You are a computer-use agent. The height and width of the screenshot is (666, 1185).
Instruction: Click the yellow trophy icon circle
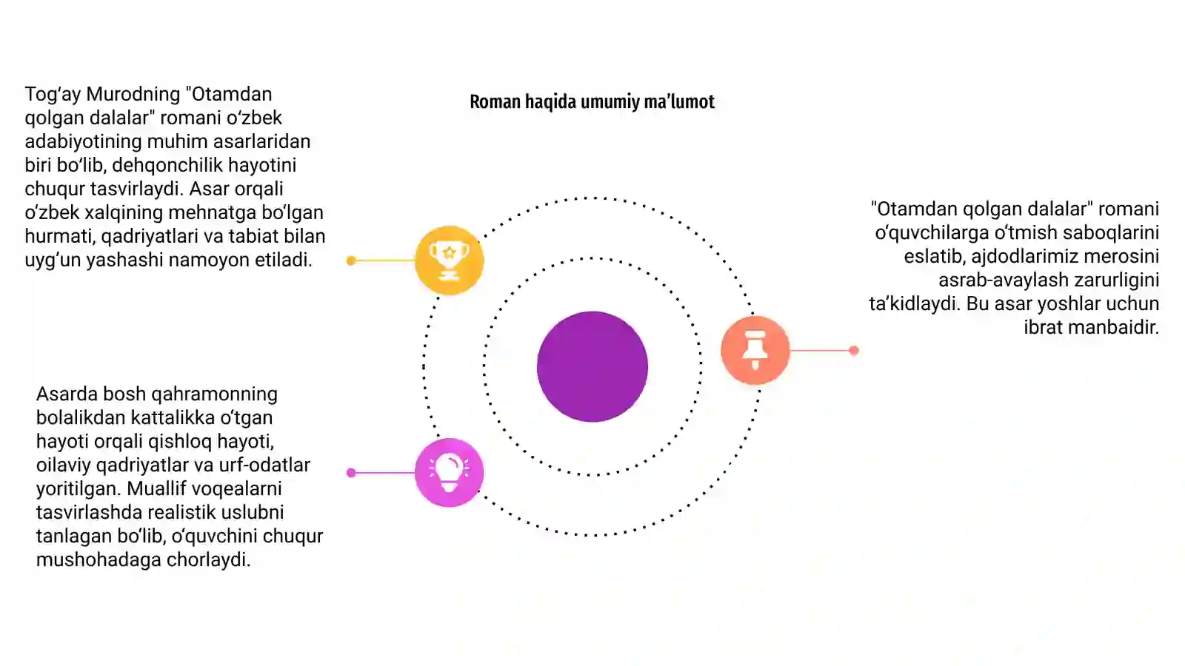click(x=449, y=260)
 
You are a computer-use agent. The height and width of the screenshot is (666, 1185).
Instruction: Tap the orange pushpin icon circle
click(x=755, y=350)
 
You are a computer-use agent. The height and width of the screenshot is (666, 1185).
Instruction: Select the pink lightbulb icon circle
click(x=449, y=473)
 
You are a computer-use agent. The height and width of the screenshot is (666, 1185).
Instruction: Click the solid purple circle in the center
click(x=592, y=366)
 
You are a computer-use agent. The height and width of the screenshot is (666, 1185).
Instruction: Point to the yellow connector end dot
click(x=351, y=260)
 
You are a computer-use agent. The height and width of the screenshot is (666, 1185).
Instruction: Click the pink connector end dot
click(x=351, y=473)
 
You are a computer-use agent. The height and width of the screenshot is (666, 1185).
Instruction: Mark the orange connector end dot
click(x=854, y=351)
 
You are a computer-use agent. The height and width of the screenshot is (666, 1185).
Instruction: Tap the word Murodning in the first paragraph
click(x=133, y=94)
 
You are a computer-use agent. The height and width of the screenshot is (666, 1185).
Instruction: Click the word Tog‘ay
click(x=53, y=95)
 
